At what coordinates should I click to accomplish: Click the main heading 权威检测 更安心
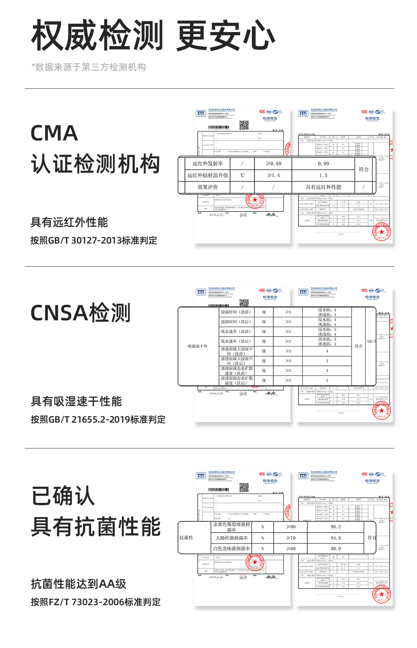[153, 36]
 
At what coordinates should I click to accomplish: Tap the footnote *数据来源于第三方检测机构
[88, 67]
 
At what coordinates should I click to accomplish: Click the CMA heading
[54, 133]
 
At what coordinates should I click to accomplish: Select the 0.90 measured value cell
[323, 164]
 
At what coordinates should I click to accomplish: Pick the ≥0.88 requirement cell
[273, 164]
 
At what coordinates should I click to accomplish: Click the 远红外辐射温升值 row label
[208, 175]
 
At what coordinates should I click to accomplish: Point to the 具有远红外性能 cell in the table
[323, 187]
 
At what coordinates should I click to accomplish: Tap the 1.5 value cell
[323, 175]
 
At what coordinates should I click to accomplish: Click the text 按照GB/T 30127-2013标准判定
[94, 240]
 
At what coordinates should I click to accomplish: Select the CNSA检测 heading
[80, 313]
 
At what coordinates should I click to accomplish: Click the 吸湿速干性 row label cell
[198, 346]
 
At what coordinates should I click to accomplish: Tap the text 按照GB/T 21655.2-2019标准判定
[98, 420]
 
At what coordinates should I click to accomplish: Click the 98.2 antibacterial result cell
[336, 527]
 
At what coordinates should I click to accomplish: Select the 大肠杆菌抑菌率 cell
[232, 538]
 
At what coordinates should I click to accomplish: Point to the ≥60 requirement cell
[291, 548]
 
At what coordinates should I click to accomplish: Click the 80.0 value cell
[336, 548]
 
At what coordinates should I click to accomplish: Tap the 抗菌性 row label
[186, 538]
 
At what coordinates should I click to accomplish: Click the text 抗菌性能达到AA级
[79, 584]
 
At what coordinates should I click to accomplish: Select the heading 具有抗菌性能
[96, 527]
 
